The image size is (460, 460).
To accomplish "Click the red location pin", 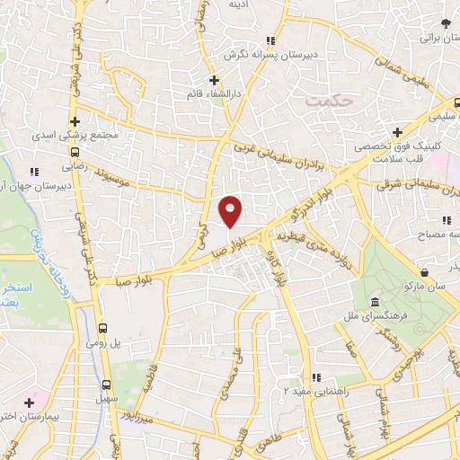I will pos(231,210).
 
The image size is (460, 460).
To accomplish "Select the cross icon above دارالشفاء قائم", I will pos(214,80).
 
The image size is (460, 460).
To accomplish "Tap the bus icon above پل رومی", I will pos(103,328).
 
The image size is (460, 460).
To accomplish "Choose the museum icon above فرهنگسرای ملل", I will pos(373,303).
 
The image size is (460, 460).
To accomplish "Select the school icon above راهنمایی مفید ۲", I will pos(314,378).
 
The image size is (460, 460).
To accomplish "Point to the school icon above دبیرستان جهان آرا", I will pos(34,172).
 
